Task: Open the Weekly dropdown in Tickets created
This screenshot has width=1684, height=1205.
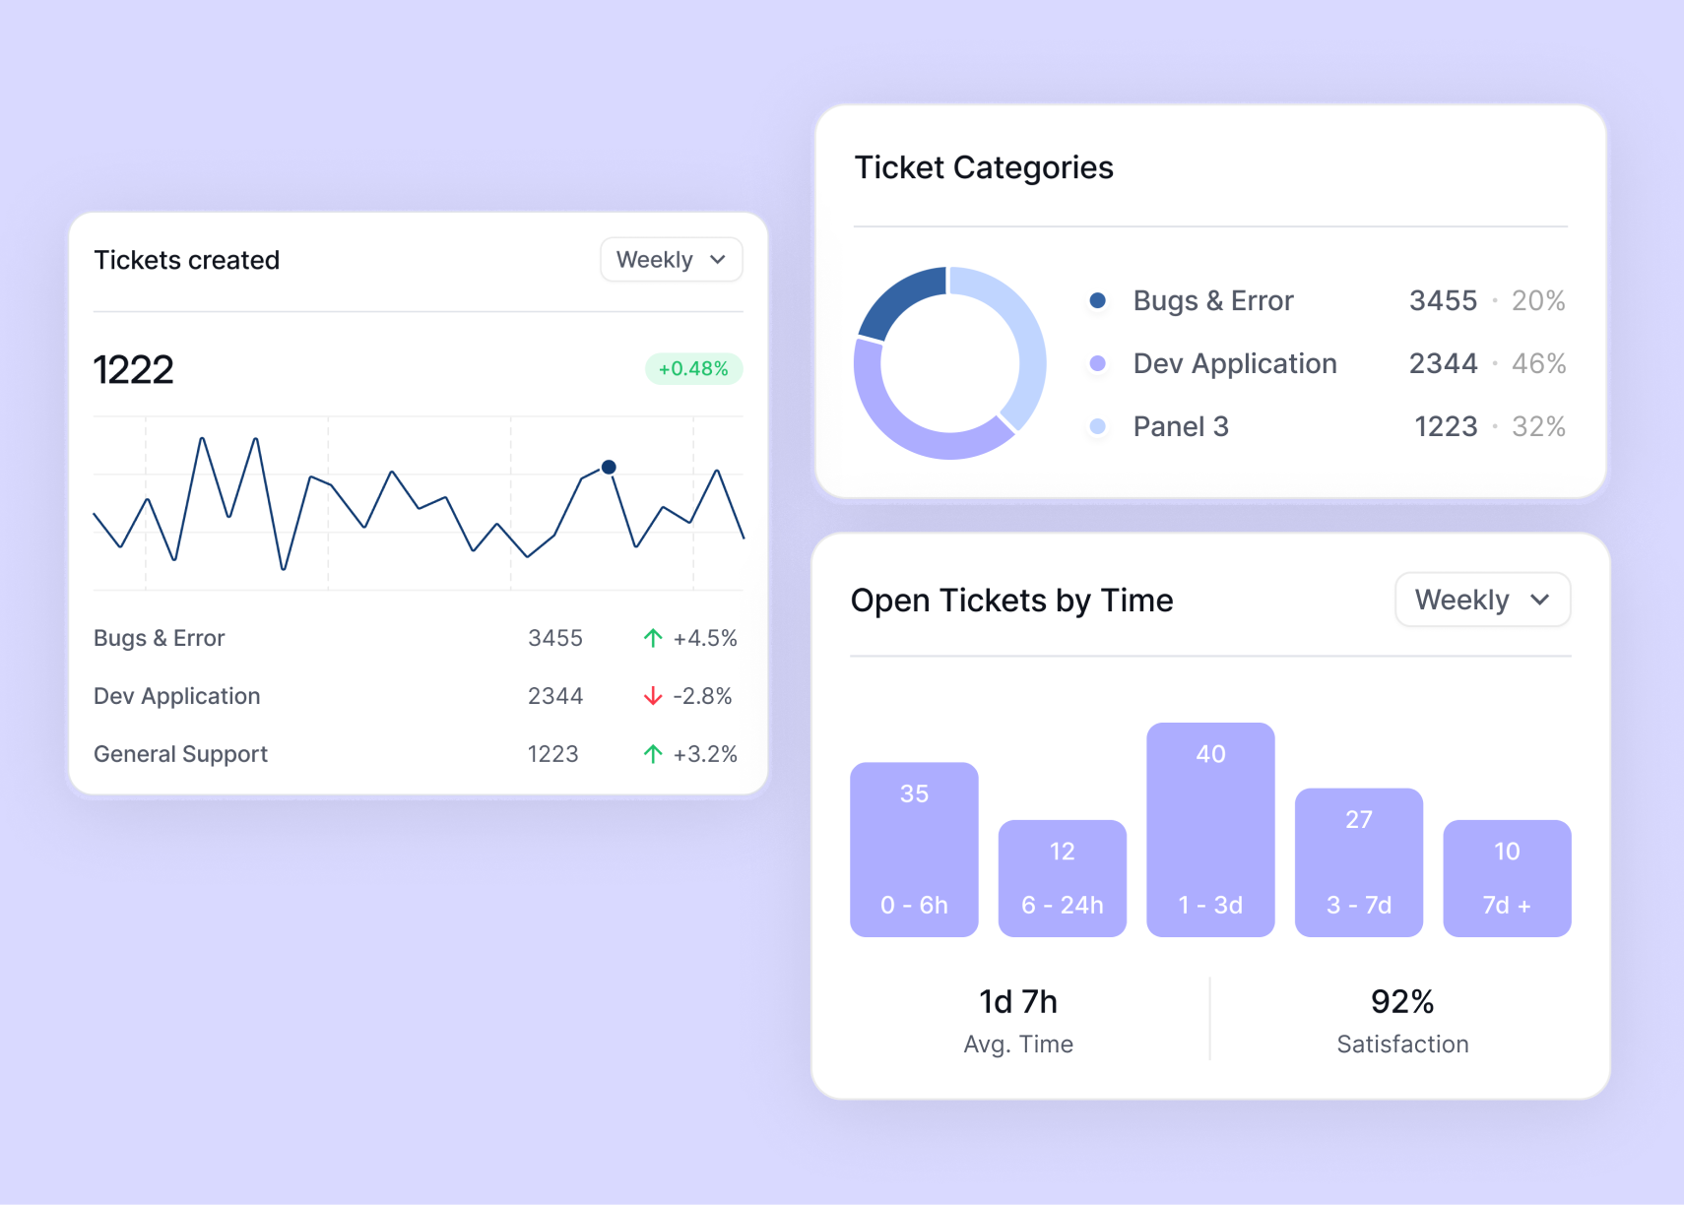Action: [671, 260]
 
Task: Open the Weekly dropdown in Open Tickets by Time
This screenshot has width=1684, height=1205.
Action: [1482, 600]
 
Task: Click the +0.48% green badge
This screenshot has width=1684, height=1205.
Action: [693, 369]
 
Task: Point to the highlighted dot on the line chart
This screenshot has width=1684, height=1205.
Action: [609, 467]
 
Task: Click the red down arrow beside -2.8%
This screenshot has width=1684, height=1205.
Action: [652, 696]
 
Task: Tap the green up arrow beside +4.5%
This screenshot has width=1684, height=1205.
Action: [652, 638]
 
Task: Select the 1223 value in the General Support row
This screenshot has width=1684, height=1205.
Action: [552, 754]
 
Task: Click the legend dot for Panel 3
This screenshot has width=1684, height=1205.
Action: [1097, 426]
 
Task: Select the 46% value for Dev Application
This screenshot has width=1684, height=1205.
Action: [1538, 363]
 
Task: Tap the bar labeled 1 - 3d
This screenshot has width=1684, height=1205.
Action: [1210, 830]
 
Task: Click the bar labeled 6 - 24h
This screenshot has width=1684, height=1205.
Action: [1062, 878]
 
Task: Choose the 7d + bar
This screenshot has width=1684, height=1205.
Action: [1507, 878]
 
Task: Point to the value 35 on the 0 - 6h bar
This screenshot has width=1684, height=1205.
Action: [914, 793]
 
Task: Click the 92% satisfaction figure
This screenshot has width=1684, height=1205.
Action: [1402, 1001]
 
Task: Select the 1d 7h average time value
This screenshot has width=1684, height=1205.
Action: [1018, 1001]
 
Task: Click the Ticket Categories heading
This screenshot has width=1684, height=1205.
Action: [984, 167]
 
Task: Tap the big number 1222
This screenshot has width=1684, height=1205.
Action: [134, 370]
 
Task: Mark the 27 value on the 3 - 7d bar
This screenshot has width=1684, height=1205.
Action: [1359, 819]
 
